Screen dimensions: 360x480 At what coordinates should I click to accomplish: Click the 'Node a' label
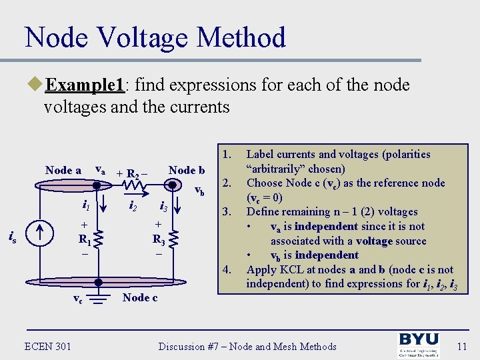coord(63,170)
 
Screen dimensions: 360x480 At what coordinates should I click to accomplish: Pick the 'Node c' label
coord(140,297)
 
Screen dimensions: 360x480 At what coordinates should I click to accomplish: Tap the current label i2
coord(133,206)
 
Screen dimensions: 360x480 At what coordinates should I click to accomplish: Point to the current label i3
coord(163,206)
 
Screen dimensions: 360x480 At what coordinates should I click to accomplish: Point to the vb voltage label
coord(199,192)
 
